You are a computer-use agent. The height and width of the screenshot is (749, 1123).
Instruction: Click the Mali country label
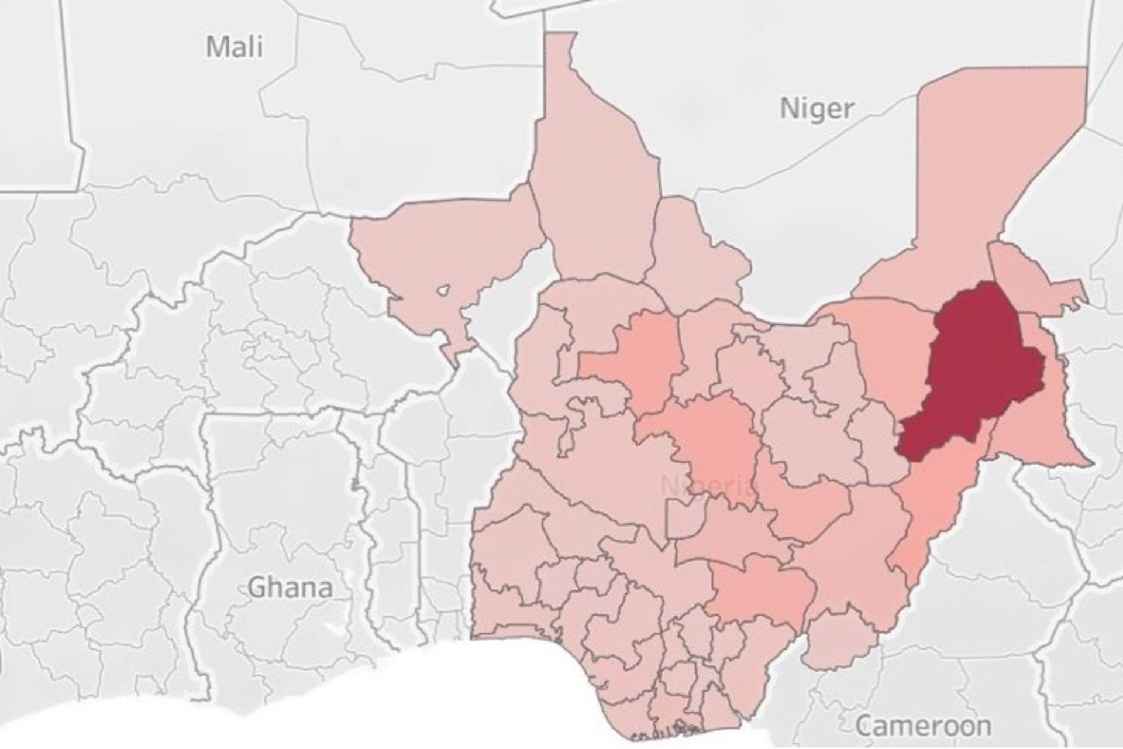pyautogui.click(x=235, y=46)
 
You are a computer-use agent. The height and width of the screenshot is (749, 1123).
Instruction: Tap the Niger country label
pyautogui.click(x=817, y=108)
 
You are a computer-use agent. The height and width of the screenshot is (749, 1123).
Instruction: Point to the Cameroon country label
pyautogui.click(x=924, y=726)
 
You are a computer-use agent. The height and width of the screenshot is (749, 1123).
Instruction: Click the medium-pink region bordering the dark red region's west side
pyautogui.click(x=889, y=351)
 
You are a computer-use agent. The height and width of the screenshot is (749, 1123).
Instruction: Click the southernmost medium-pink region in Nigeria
pyautogui.click(x=760, y=591)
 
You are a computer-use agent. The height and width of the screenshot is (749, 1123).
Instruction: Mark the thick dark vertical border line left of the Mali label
pyautogui.click(x=73, y=94)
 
